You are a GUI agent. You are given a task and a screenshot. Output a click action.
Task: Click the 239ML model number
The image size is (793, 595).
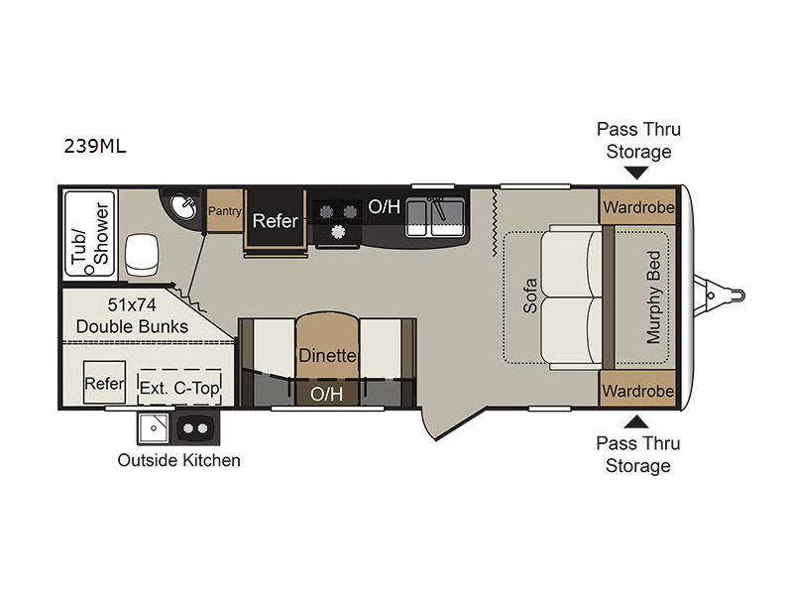pos(94,147)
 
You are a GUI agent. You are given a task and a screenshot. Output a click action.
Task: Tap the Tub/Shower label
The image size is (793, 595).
pos(88,233)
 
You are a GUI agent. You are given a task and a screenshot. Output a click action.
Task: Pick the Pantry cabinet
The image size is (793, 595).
pos(225,210)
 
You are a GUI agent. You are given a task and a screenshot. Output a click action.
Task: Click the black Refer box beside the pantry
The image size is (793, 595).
pos(275,221)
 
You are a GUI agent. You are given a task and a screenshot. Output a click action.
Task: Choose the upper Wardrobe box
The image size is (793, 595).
pos(636,208)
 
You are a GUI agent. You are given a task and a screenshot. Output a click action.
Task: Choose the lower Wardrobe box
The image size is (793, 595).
pos(636,391)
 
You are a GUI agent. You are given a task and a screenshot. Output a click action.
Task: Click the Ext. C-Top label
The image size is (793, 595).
pos(179,387)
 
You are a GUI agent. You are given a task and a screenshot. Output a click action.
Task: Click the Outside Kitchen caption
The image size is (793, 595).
pos(178,460)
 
